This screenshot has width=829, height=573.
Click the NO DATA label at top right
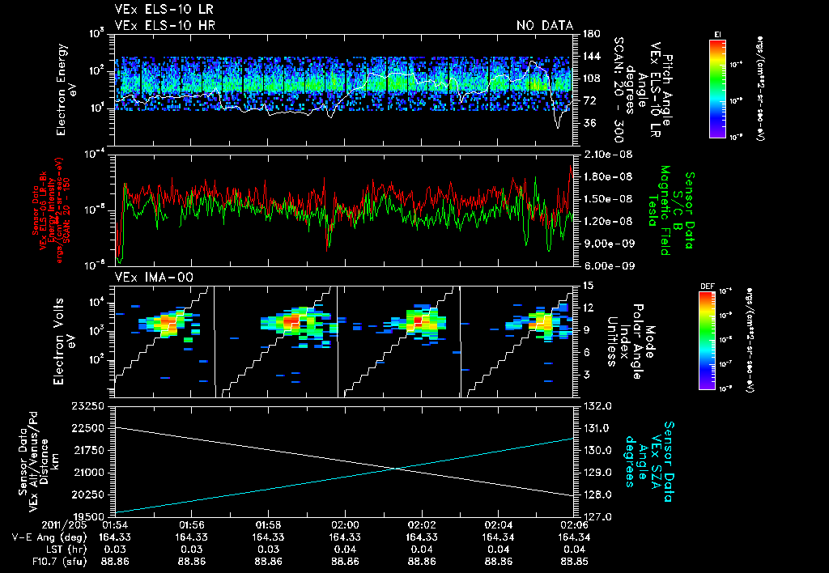[x=544, y=26]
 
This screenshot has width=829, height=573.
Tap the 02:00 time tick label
[x=345, y=524]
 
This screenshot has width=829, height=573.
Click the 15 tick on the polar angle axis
[x=588, y=286]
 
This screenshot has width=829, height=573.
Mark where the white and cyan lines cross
[x=397, y=469]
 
